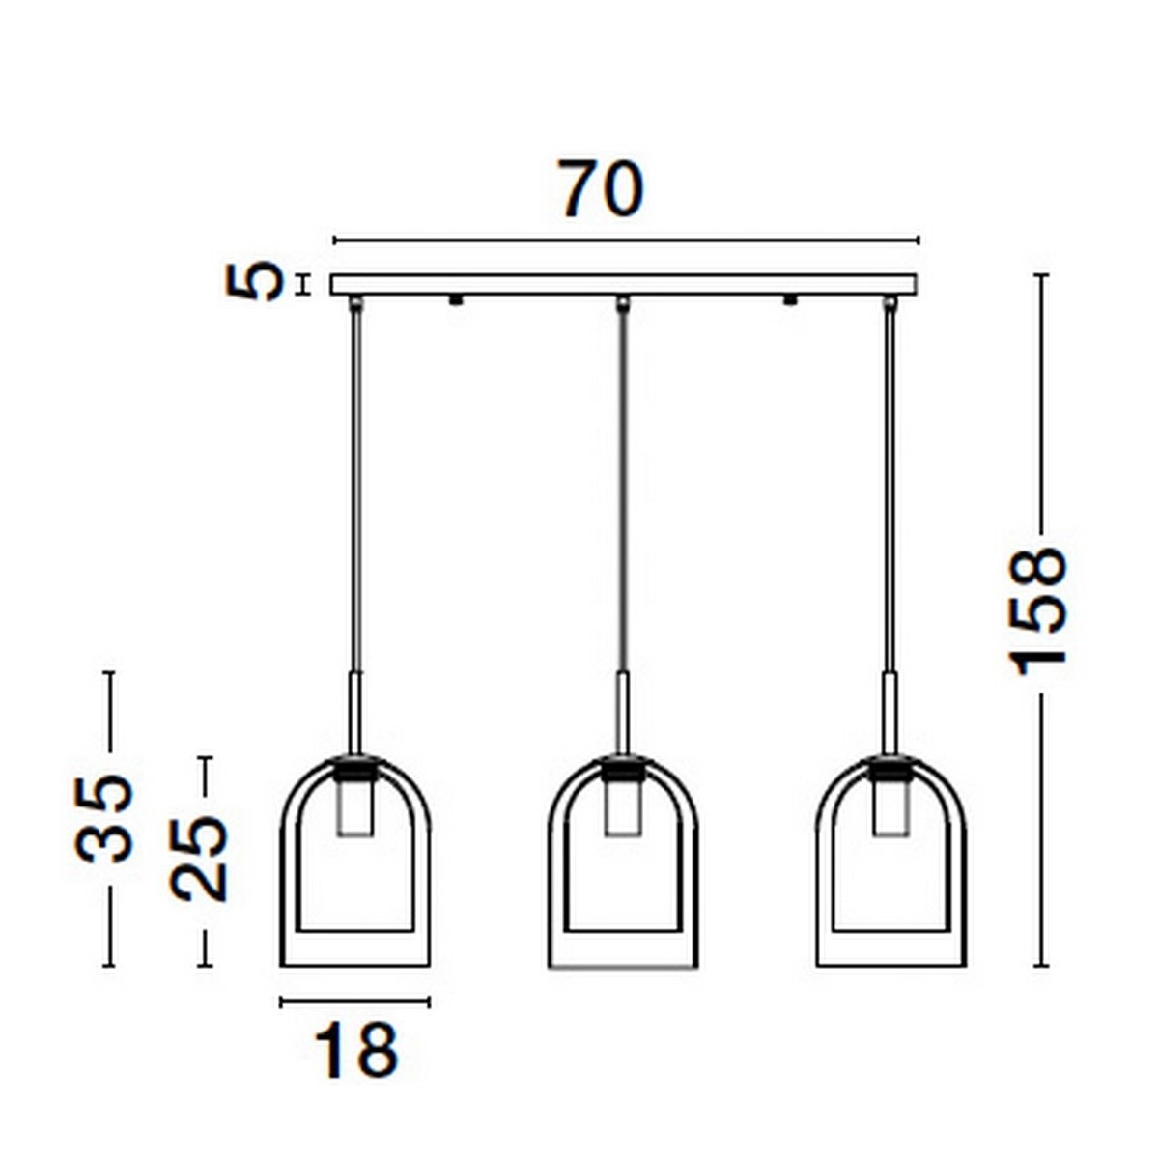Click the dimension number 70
point(600,189)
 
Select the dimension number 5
point(256,282)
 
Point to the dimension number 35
point(104,817)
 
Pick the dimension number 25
point(200,859)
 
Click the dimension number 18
point(355,1051)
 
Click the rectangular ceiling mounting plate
point(623,285)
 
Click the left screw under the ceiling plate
point(455,300)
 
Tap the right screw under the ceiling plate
point(791,300)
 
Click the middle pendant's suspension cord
point(623,483)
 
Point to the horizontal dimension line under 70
point(626,240)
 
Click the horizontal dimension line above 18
point(354,1003)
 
